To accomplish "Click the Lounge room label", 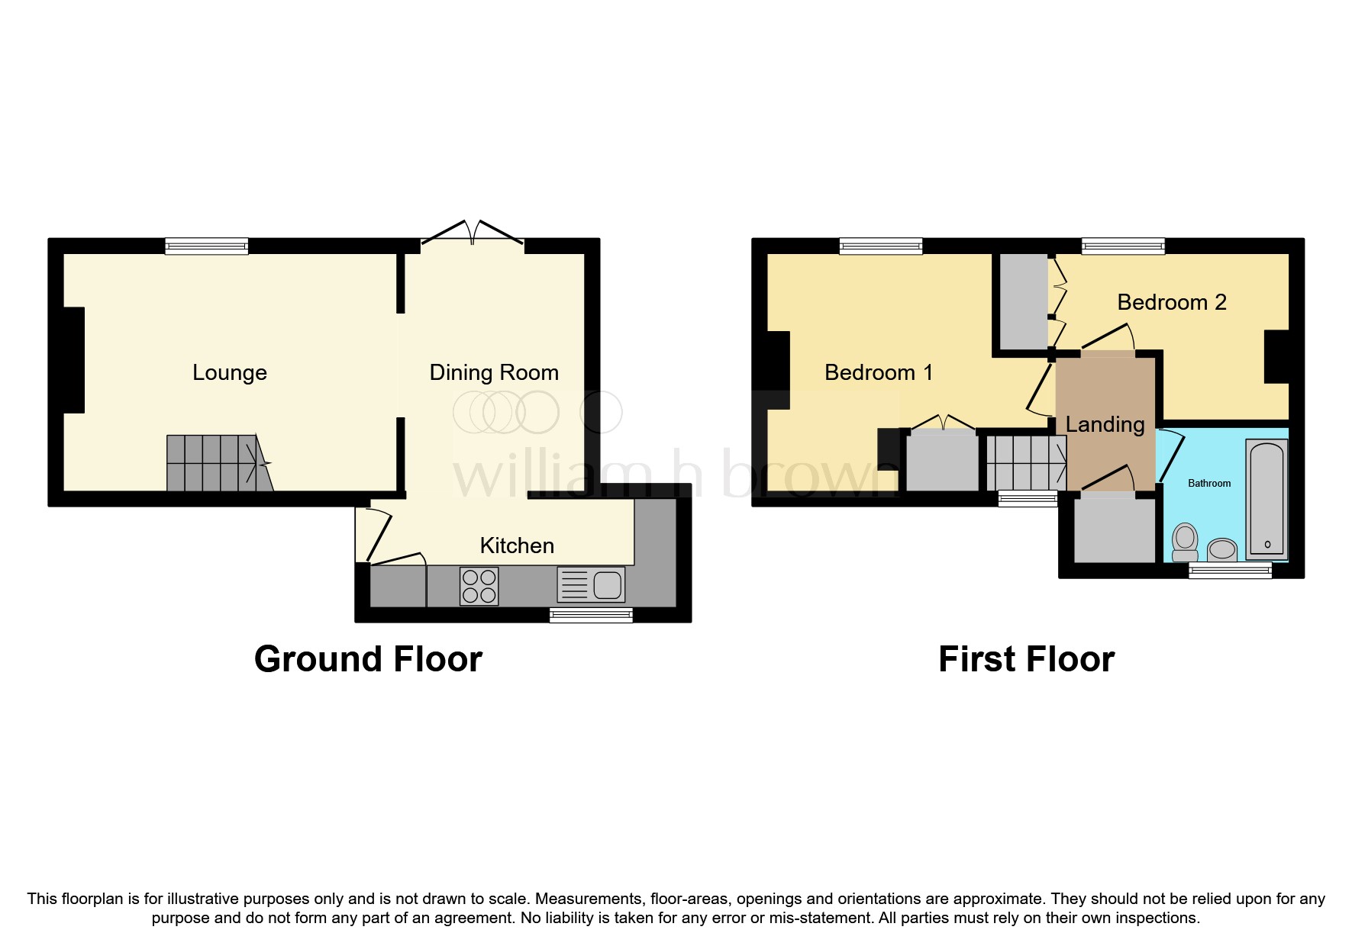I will pos(229,372).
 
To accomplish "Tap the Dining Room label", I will pos(494,372).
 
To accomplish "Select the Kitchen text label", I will pos(517,545).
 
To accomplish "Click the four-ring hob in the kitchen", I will pos(479,586).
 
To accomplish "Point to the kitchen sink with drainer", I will pos(591,585).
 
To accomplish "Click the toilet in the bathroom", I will pos(1185,542).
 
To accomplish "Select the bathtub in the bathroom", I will pos(1266,500).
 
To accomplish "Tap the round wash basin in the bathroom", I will pos(1223,549).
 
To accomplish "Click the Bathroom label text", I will pos(1209,483).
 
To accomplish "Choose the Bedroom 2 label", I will pos(1171,302).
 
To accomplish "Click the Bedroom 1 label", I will pos(879,372).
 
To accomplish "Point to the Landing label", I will pos(1105,424).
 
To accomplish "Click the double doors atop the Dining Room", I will pos(473,233).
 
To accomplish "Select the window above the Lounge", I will pos(207,246).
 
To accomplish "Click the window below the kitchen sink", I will pos(591,615).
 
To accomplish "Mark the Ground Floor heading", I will pos(368,658).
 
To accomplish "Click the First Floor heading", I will pos(1026,658).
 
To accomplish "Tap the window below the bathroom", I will pos(1230,571).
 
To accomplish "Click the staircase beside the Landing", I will pos(1025,463).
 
